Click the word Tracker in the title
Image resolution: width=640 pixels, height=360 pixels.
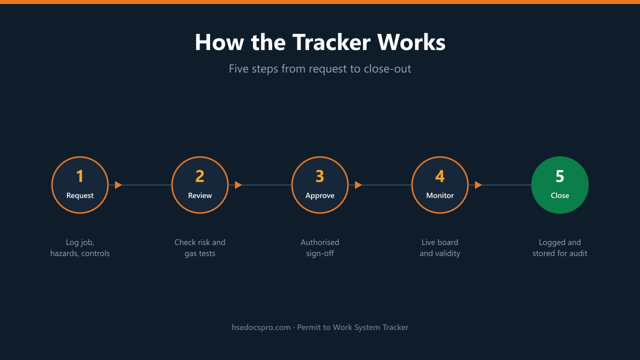pos(331,42)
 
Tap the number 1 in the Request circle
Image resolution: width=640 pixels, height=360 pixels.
pos(80,176)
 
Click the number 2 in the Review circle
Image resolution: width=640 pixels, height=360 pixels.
pos(200,176)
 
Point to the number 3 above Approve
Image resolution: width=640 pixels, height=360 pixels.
pos(320,176)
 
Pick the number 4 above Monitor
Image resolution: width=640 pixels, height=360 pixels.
pos(440,176)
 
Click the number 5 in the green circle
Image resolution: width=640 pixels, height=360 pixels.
pos(560,176)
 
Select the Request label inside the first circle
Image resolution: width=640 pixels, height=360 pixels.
pos(80,195)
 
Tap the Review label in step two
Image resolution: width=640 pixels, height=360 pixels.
pos(200,195)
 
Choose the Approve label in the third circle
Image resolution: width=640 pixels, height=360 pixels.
pos(320,196)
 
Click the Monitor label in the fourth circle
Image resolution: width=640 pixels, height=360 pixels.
pos(440,195)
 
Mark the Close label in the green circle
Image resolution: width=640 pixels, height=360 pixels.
pos(560,195)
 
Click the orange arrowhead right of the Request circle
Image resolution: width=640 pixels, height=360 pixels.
pos(118,185)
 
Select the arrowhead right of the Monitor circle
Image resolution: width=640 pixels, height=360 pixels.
pos(478,185)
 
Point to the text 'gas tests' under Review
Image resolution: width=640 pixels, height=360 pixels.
pos(200,253)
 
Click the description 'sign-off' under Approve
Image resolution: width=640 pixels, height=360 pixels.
pos(320,253)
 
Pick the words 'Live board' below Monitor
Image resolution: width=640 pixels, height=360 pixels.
pos(440,242)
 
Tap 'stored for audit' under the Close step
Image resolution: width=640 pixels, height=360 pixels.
pos(560,253)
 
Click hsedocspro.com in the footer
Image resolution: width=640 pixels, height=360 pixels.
pos(261,327)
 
